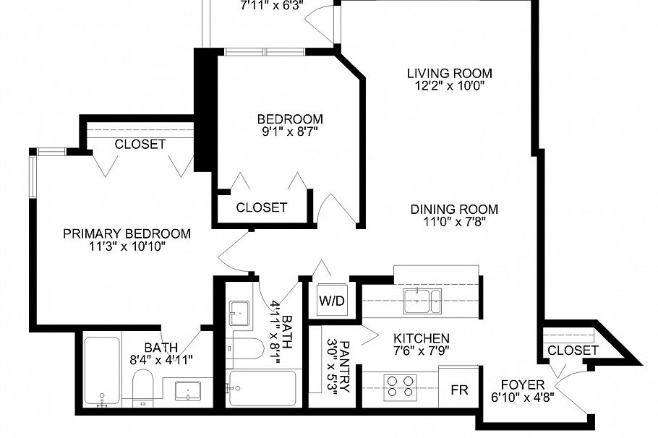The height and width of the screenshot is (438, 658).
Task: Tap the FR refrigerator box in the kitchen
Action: click(x=460, y=390)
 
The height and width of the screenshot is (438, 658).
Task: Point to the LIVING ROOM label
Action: click(x=449, y=73)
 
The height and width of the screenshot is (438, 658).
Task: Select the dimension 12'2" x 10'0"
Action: click(x=449, y=85)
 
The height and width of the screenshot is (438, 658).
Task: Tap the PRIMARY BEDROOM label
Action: click(x=127, y=233)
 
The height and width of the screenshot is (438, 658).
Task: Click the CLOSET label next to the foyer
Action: click(x=573, y=351)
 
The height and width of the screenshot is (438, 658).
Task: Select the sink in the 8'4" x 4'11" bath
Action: click(x=188, y=390)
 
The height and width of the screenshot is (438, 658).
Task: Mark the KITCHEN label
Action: click(x=422, y=338)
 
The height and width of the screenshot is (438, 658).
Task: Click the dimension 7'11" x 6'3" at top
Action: click(x=272, y=4)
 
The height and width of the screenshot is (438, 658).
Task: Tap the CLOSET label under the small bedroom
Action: click(x=262, y=207)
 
